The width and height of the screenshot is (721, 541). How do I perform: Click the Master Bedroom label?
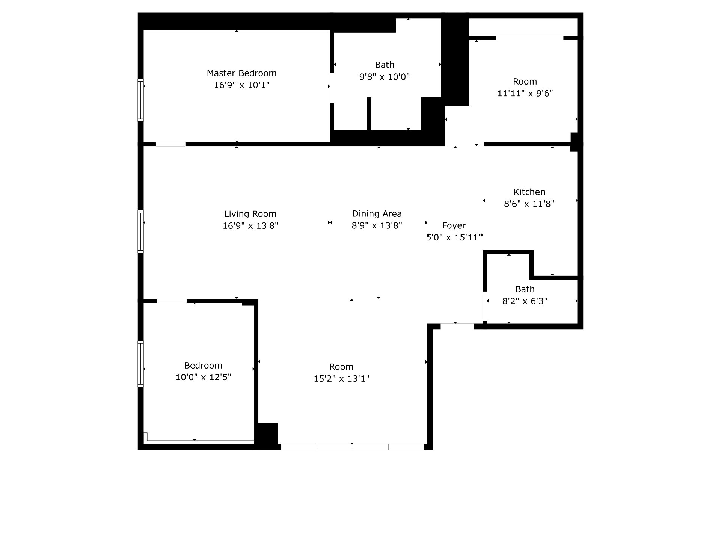241,73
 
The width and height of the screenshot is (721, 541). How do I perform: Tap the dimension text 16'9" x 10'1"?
242,85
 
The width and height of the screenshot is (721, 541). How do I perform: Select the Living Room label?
250,214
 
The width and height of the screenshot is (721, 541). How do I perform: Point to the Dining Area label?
377,214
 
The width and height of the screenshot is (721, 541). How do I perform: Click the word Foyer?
454,226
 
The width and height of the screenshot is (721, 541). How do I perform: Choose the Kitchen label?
529,192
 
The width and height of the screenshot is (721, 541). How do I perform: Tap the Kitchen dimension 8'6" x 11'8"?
529,204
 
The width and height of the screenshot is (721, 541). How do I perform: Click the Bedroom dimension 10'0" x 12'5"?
203,377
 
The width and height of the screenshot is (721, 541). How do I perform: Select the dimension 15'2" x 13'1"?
341,379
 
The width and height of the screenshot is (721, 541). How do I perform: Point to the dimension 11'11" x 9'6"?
525,93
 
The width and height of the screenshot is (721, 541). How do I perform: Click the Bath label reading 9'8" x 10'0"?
385,77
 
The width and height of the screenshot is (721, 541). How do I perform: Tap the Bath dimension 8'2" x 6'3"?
525,301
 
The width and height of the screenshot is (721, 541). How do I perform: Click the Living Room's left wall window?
141,231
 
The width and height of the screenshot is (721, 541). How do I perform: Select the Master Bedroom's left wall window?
141,100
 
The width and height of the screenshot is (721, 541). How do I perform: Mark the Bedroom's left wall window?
141,364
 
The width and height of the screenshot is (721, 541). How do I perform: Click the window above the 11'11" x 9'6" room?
529,38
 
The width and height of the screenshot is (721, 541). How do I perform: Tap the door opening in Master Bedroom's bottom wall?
170,144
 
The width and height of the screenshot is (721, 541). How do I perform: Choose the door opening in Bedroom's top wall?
172,301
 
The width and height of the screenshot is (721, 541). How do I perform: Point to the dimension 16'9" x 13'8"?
250,226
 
